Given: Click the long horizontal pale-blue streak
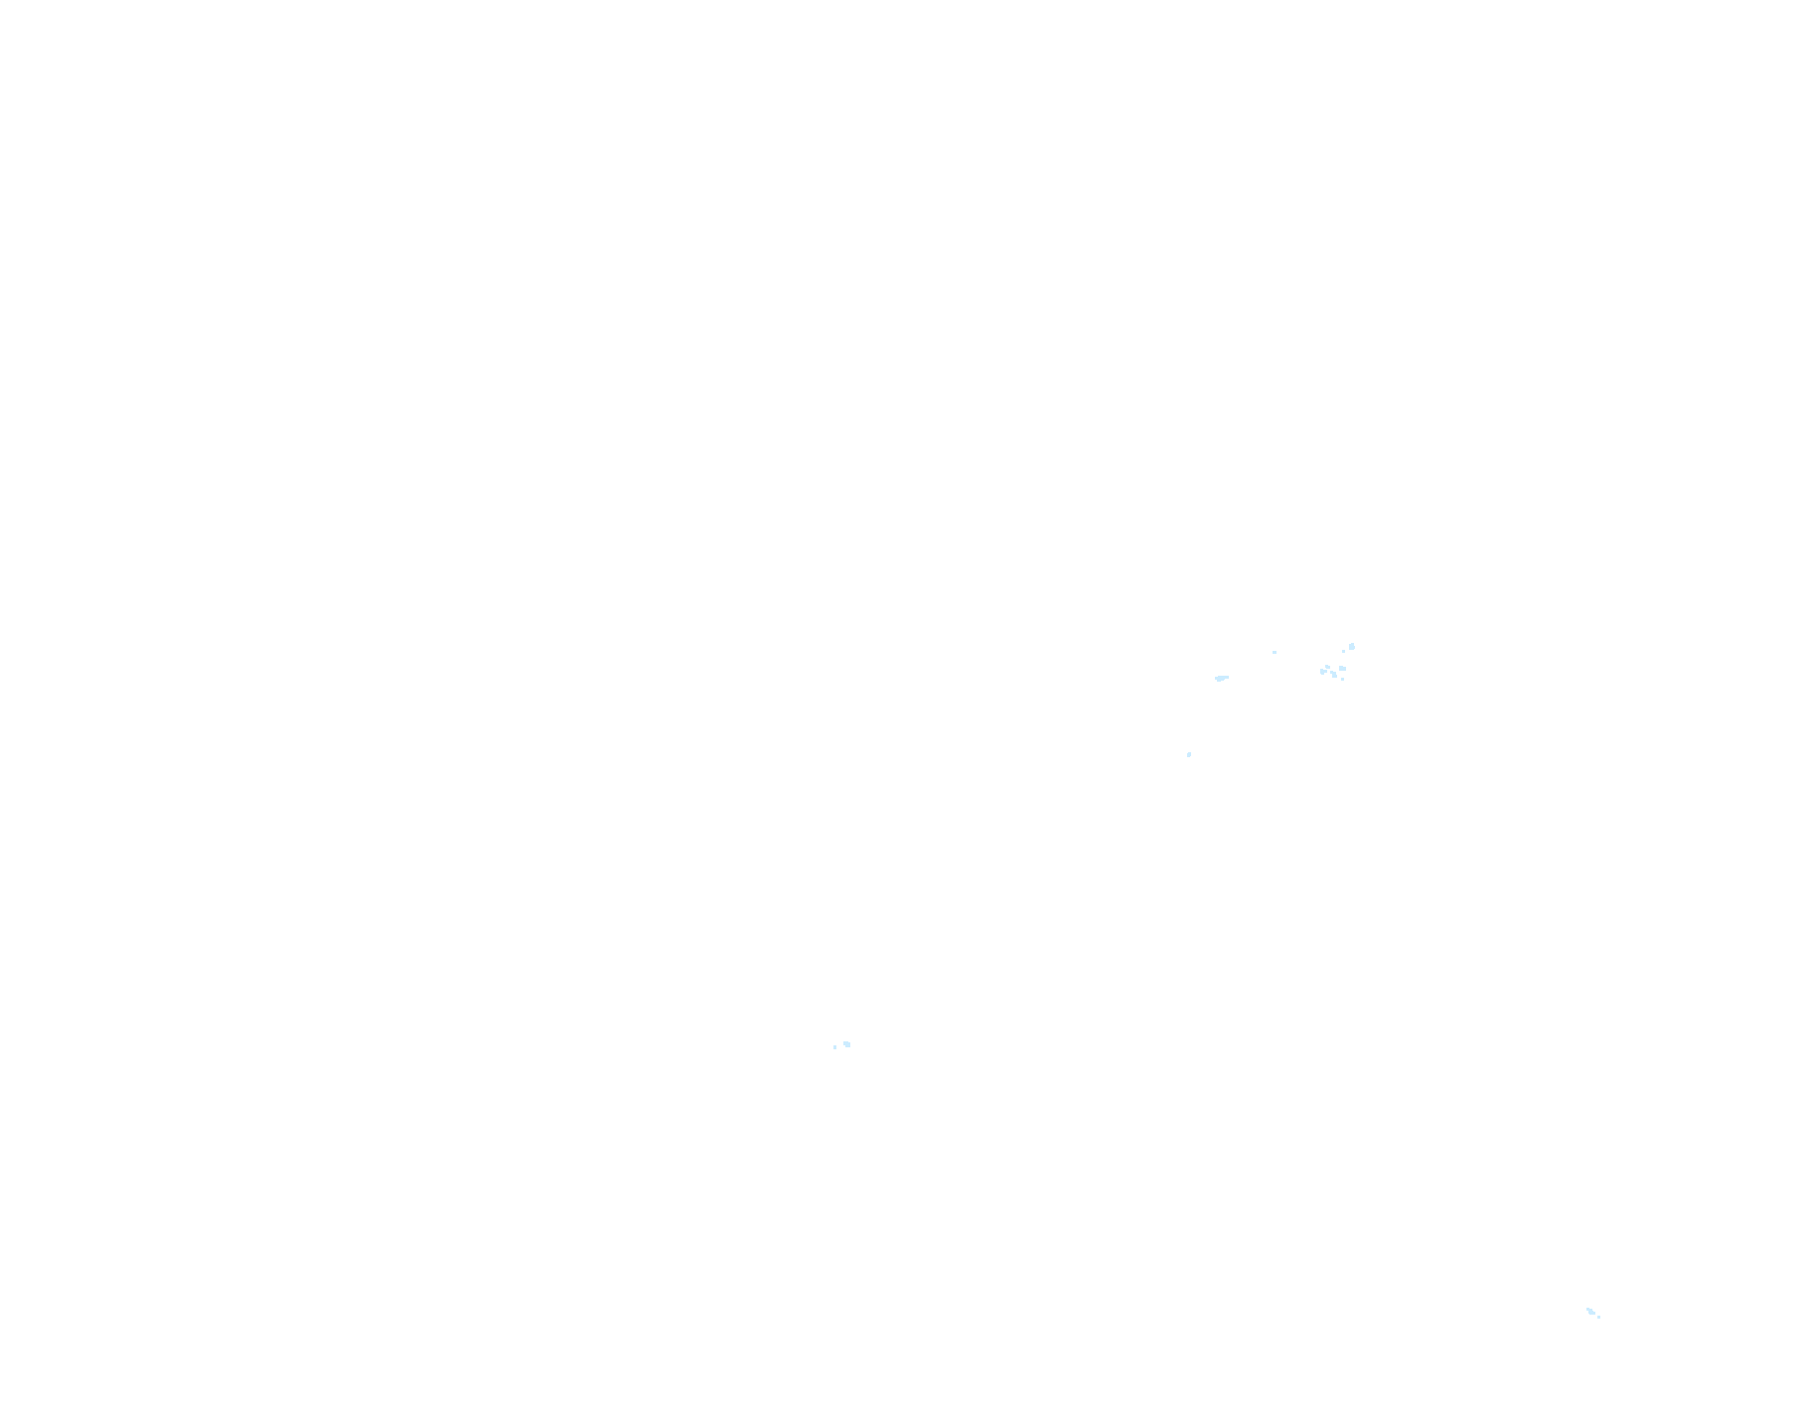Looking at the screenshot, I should click(1222, 678).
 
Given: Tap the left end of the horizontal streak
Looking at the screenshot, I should click(1216, 679).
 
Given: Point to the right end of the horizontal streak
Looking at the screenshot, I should click(1228, 677).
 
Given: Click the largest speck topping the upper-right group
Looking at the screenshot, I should click(1352, 647).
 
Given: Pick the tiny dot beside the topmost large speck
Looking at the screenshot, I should click(1343, 651).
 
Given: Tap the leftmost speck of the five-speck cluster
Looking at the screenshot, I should click(1323, 672).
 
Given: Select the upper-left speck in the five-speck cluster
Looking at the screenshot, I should click(1327, 667).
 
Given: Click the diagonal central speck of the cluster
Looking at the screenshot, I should click(1333, 674).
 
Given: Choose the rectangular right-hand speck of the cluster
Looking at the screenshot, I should click(1342, 668).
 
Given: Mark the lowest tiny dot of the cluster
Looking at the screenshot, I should click(1342, 679).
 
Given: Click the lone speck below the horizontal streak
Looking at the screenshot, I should click(1189, 754).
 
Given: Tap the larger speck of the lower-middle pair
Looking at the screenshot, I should click(846, 1044).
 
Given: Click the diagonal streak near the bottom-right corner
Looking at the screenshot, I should click(1590, 1312).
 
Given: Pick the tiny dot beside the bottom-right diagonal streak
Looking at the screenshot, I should click(1598, 1317).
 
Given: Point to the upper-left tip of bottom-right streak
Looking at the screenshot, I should click(1587, 1309).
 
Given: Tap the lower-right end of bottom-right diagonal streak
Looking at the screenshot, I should click(1594, 1314).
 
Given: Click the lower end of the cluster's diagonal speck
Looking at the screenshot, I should click(1335, 676).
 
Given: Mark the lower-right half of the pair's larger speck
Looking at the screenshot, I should click(848, 1045).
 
